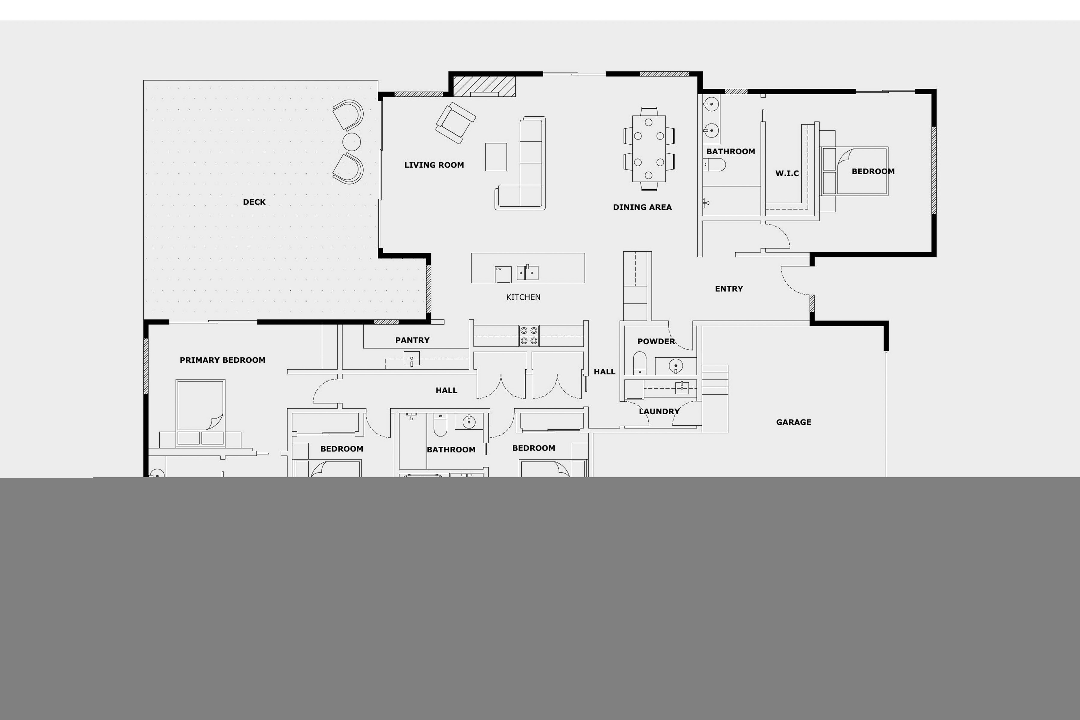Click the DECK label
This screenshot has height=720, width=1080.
[254, 202]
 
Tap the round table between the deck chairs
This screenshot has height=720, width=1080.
[351, 142]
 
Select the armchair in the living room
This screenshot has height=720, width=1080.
[455, 123]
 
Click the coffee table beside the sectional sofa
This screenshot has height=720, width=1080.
[496, 157]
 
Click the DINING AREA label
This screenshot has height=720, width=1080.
[642, 207]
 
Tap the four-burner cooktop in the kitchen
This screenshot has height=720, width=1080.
[529, 336]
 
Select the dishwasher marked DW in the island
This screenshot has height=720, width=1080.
[503, 274]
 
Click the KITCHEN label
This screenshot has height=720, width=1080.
[523, 297]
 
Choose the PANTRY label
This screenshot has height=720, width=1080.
[412, 340]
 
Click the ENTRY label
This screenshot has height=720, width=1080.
[728, 289]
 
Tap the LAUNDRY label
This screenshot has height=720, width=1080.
[658, 411]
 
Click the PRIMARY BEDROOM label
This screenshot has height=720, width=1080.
[222, 360]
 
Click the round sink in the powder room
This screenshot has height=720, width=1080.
[676, 366]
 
